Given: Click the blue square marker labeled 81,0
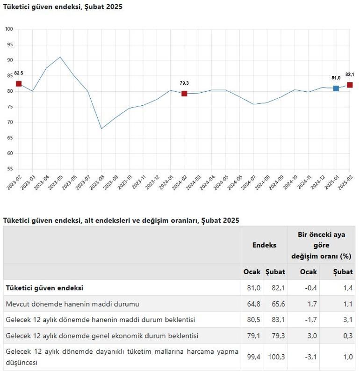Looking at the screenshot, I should (336, 88).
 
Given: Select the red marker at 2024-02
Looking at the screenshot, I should (184, 94).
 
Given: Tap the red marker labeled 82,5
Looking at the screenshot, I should (19, 83).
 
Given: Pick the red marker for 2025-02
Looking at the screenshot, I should (350, 85).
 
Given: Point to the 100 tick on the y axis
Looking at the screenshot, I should (9, 29).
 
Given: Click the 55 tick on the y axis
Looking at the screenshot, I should (9, 169).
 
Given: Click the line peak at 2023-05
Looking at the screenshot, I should (60, 57).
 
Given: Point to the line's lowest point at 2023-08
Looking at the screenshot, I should (101, 129).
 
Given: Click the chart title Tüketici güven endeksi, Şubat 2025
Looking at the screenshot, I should (63, 7).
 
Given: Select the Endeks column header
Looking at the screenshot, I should (264, 245).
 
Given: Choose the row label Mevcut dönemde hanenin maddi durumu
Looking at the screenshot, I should (72, 304).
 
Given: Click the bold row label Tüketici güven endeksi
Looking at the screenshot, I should (44, 288).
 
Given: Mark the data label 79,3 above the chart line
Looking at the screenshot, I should (184, 83).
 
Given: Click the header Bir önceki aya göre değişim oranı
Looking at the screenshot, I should (321, 245).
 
